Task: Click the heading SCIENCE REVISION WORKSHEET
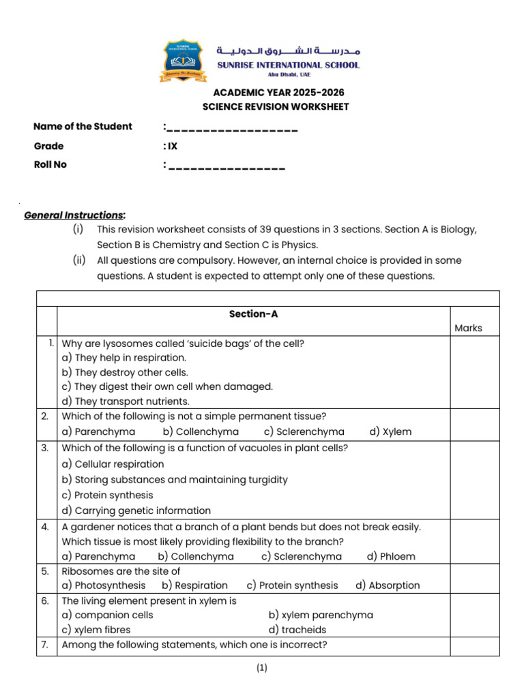(276, 106)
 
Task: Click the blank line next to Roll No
(226, 166)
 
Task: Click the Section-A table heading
(253, 314)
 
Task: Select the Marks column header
(468, 328)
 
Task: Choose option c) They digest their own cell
(167, 386)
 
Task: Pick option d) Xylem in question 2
(390, 431)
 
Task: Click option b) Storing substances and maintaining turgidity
(175, 479)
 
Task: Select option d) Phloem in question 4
(390, 556)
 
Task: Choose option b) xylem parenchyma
(321, 615)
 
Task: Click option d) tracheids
(297, 630)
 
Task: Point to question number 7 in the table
(45, 645)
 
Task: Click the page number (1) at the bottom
(262, 669)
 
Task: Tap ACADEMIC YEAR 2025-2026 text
(278, 93)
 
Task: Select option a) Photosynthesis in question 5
(104, 585)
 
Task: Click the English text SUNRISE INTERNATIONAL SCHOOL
(288, 65)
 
